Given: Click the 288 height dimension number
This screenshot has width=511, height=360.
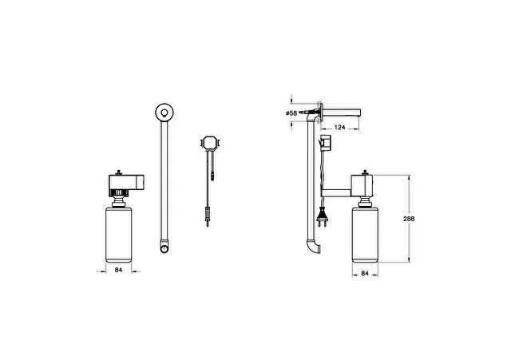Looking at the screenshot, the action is tap(409, 219).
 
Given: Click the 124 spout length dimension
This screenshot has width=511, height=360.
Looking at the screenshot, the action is tap(339, 127).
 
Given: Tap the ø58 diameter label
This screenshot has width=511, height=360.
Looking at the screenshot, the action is tap(291, 113).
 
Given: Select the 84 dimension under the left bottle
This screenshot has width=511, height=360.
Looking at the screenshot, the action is tap(118, 270).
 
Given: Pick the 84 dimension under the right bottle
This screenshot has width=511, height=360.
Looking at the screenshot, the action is tap(365, 273).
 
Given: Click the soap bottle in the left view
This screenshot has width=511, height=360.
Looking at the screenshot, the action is tap(119, 235).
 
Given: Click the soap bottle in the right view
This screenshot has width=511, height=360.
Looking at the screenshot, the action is tap(365, 235).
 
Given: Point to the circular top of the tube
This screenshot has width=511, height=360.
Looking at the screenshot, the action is tap(164, 113).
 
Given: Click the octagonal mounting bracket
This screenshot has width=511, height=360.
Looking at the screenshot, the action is tap(210, 144).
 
